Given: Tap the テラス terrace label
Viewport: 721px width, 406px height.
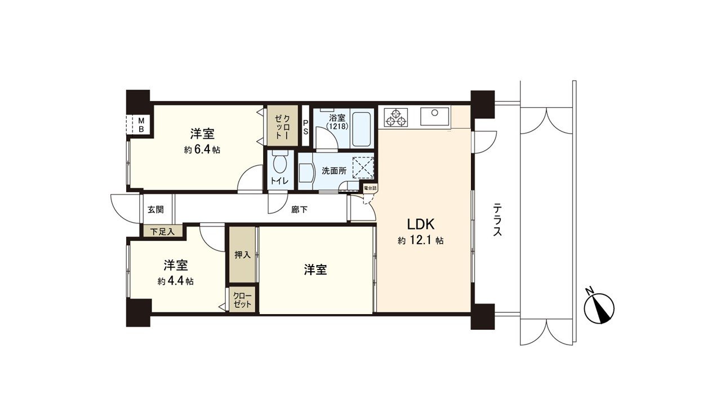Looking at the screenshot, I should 497,219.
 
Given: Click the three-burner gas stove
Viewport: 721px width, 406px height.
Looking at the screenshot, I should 395,117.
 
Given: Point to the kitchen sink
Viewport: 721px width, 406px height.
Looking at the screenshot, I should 434,116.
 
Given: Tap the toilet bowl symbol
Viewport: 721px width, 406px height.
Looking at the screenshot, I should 279,165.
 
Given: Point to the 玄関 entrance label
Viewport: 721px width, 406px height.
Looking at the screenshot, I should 155,210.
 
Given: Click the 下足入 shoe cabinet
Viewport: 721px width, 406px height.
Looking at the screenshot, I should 162,231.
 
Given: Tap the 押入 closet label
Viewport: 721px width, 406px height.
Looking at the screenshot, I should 242,255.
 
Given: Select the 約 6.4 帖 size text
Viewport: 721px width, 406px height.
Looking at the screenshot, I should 201,150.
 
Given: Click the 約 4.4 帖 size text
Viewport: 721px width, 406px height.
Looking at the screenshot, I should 176,281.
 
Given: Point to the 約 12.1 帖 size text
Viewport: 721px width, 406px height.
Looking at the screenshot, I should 420,241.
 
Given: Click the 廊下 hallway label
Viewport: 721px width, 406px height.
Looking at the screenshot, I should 299,210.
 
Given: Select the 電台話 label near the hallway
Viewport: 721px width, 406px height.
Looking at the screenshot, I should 370,188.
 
